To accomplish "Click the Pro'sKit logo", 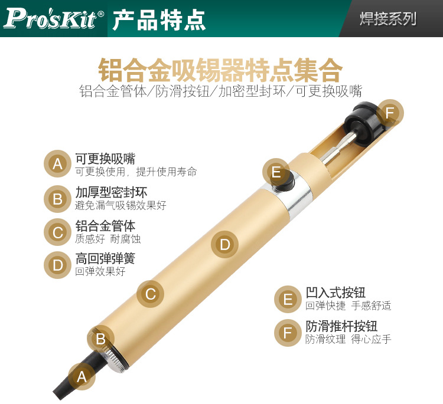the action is click(x=54, y=19).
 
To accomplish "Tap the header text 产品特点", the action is click(x=159, y=19).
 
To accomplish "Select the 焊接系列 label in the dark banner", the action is click(x=388, y=19).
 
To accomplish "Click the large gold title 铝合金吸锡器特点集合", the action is click(x=220, y=70).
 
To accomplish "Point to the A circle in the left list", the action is click(x=57, y=164).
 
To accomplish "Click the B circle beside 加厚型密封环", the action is click(x=57, y=199).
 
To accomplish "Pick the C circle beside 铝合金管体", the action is click(x=57, y=232).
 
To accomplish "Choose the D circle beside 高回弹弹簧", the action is click(x=57, y=265).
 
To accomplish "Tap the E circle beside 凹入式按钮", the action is click(x=288, y=299).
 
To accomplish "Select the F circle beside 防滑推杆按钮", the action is click(x=288, y=333).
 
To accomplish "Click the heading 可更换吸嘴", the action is click(x=105, y=159).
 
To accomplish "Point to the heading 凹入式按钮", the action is click(x=335, y=293).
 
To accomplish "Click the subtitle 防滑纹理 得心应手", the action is click(x=348, y=339).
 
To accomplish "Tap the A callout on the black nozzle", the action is click(x=82, y=377).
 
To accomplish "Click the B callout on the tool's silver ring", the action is click(x=100, y=339).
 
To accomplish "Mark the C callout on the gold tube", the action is click(x=150, y=294).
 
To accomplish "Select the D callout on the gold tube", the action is click(x=225, y=244).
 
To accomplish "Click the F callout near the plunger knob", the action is click(x=390, y=113).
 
